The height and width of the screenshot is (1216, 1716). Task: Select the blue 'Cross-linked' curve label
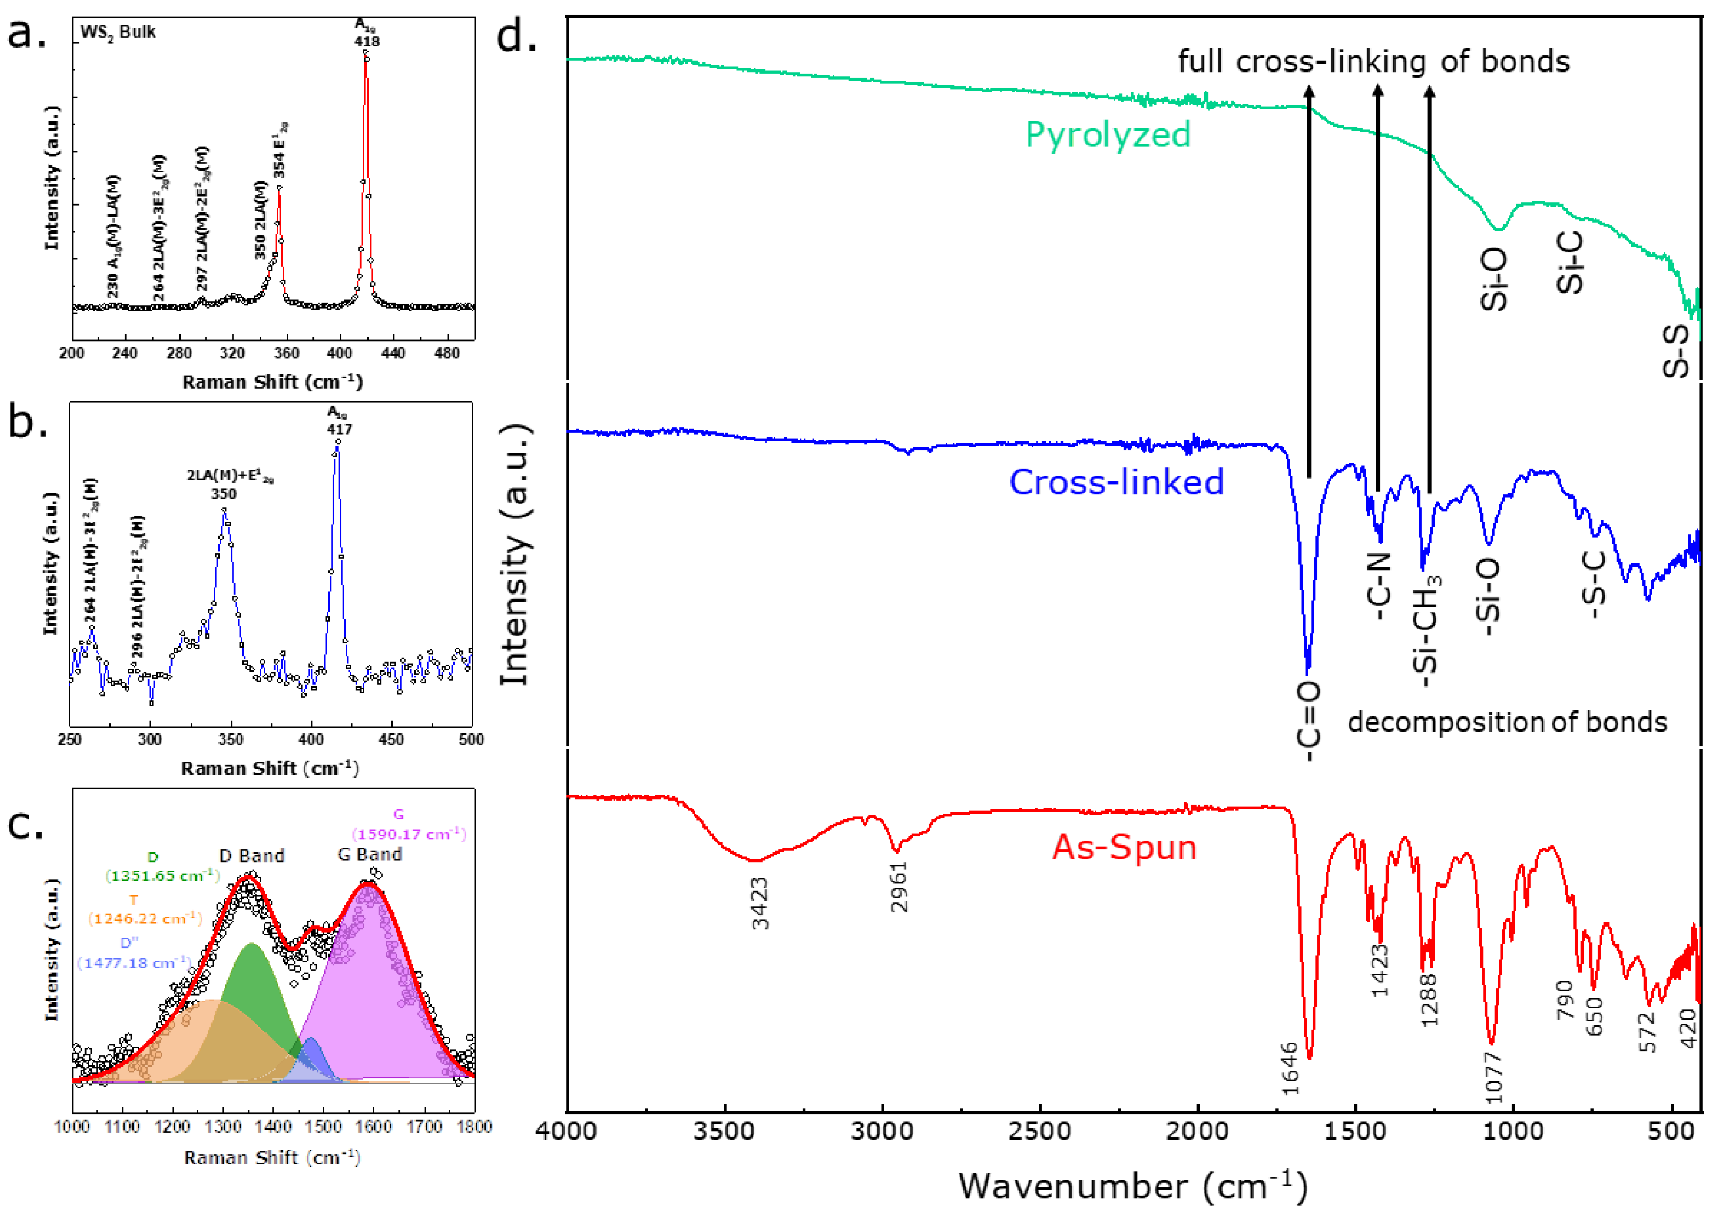pyautogui.click(x=1116, y=482)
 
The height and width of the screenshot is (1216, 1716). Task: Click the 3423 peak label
pyautogui.click(x=760, y=904)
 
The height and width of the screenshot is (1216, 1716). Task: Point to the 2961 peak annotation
pyautogui.click(x=899, y=887)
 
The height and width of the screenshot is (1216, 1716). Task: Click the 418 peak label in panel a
pyautogui.click(x=366, y=41)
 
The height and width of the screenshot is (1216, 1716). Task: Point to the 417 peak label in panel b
pyautogui.click(x=339, y=429)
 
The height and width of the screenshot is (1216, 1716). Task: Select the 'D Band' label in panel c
pyautogui.click(x=252, y=856)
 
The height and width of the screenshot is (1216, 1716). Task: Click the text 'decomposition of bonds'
pyautogui.click(x=1507, y=723)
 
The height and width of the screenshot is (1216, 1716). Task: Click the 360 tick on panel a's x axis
pyautogui.click(x=286, y=353)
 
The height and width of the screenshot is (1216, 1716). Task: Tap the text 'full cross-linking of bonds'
pyautogui.click(x=1374, y=61)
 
